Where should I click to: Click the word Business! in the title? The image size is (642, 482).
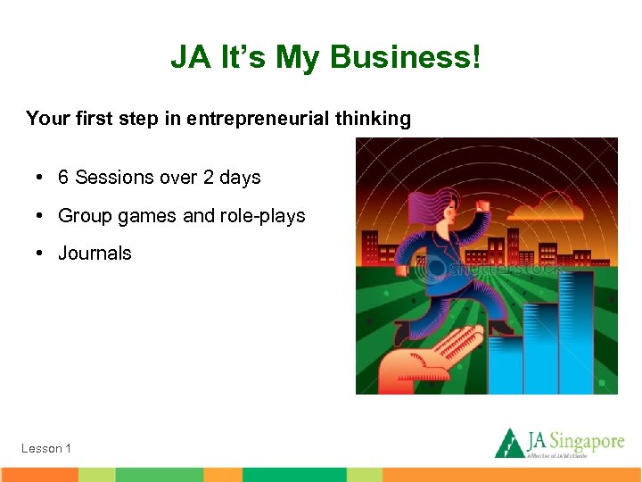click(405, 58)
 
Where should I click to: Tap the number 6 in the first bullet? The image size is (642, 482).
click(63, 178)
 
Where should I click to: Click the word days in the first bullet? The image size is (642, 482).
click(240, 178)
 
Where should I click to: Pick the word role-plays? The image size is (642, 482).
click(264, 216)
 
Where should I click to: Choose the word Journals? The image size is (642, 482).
click(95, 253)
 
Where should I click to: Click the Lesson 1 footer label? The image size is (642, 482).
click(46, 448)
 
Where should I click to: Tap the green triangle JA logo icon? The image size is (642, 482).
click(510, 443)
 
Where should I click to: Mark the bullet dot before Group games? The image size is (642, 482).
click(42, 216)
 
